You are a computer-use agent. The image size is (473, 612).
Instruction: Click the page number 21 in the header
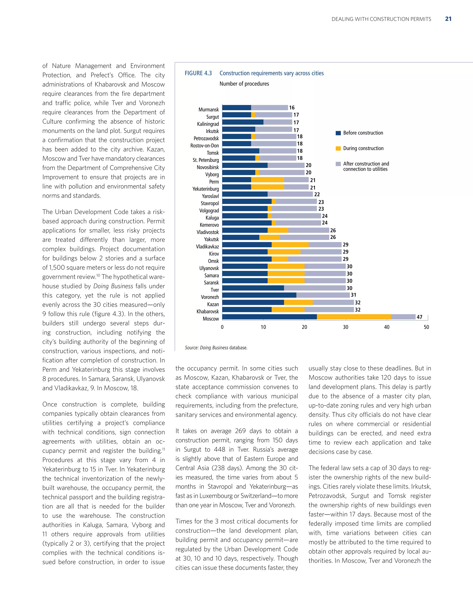pyautogui.click(x=448, y=19)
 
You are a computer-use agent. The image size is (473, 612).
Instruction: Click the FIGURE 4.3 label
pyautogui.click(x=198, y=73)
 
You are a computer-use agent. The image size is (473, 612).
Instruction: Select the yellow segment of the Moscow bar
pyautogui.click(x=354, y=317)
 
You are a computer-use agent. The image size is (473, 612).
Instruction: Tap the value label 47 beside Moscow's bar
pyautogui.click(x=419, y=317)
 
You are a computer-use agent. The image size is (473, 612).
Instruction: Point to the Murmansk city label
pyautogui.click(x=209, y=109)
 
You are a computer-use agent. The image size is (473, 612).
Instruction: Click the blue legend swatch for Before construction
pyautogui.click(x=338, y=133)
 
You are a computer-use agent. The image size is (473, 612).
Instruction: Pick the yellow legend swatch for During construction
pyautogui.click(x=338, y=148)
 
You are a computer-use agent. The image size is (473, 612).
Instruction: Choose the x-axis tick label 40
pyautogui.click(x=386, y=327)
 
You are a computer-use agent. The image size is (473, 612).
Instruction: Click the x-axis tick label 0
pyautogui.click(x=222, y=327)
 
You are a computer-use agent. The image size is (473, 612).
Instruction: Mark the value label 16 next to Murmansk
pyautogui.click(x=292, y=108)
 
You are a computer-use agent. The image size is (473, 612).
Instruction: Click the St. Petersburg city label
pyautogui.click(x=206, y=160)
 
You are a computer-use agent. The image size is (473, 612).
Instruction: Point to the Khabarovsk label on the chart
pyautogui.click(x=208, y=312)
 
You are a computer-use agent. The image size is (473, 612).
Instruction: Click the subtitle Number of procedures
pyautogui.click(x=244, y=84)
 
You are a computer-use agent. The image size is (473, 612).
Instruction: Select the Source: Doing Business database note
pyautogui.click(x=216, y=348)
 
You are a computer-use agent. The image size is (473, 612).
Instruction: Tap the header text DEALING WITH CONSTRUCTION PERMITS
pyautogui.click(x=381, y=19)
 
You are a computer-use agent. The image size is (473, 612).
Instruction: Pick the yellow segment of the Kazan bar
pyautogui.click(x=298, y=302)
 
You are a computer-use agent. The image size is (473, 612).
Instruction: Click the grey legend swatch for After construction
pyautogui.click(x=338, y=164)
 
